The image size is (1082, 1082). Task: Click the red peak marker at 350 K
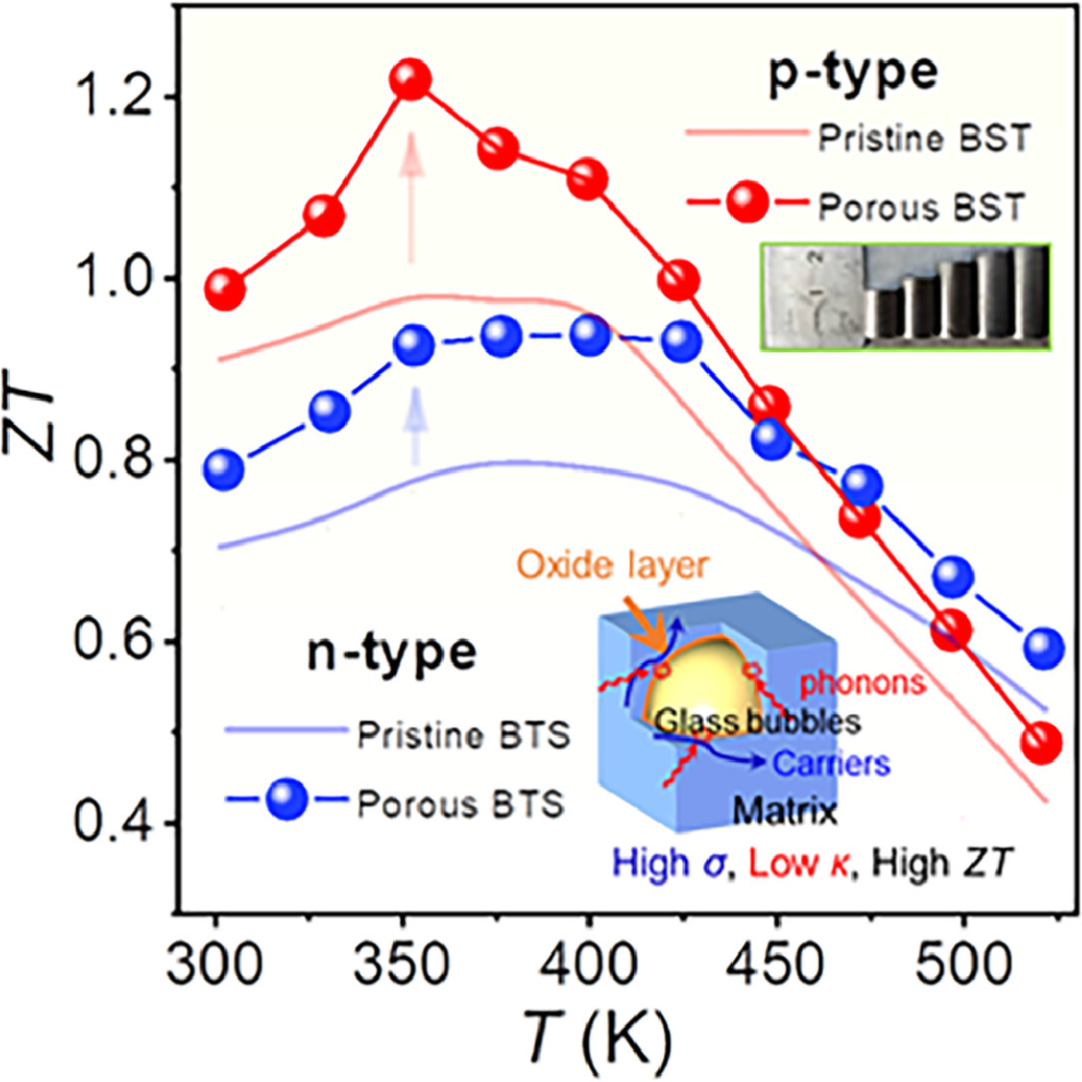point(411,80)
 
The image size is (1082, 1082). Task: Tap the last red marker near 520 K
point(1042,744)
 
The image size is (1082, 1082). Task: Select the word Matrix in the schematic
point(778,815)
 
